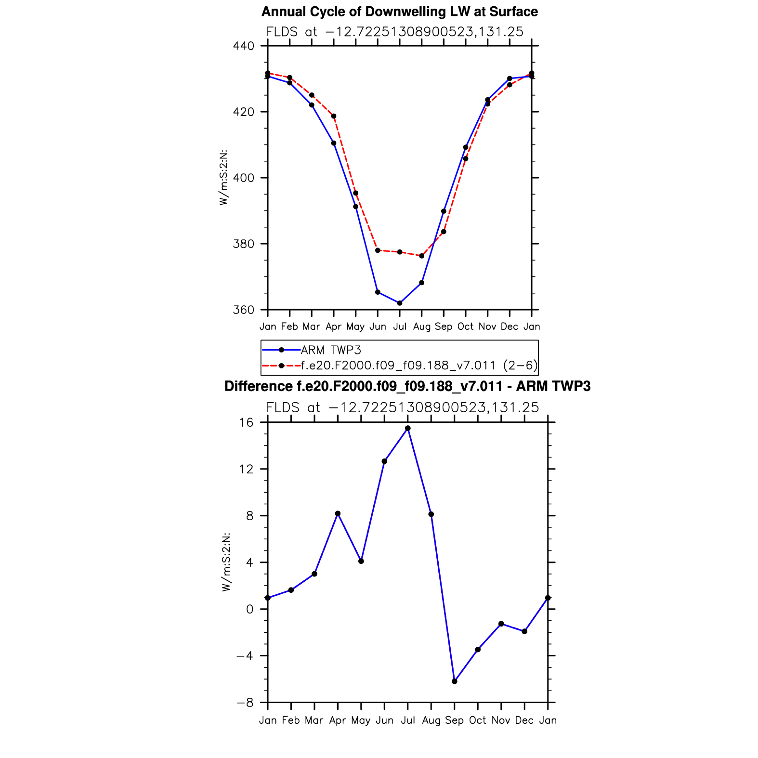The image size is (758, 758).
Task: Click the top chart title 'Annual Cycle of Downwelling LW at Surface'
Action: coord(399,12)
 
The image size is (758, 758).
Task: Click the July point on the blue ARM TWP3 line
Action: coord(400,303)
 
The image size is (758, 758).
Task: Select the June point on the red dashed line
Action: coord(378,250)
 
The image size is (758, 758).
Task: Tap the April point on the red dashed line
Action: coord(334,116)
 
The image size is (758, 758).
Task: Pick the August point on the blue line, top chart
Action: coord(422,283)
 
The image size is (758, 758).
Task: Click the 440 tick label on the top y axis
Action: coord(243,46)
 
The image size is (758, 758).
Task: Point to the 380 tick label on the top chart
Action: coord(243,244)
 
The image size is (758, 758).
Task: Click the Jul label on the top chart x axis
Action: coord(400,327)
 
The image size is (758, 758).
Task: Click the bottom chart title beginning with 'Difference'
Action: coord(407,386)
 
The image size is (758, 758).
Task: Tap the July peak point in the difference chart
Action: coord(408,428)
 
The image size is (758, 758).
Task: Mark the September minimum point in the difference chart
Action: coord(455,681)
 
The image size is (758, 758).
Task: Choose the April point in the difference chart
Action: coord(338,514)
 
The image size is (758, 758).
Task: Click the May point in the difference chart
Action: coord(361,561)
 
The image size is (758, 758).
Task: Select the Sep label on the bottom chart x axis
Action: coord(454,720)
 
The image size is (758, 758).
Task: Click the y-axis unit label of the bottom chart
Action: coord(226,562)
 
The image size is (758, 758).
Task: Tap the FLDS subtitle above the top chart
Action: coord(394,32)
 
